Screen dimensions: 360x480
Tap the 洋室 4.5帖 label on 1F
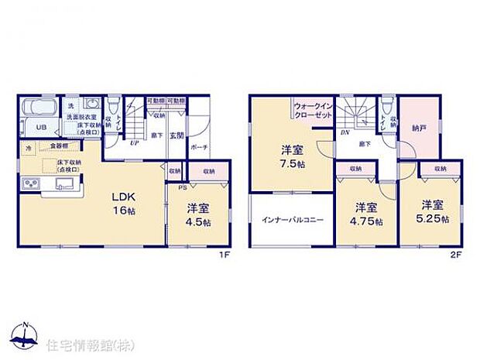pyautogui.click(x=199, y=214)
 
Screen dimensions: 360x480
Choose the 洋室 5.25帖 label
pyautogui.click(x=432, y=214)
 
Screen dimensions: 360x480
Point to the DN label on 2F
pyautogui.click(x=343, y=132)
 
